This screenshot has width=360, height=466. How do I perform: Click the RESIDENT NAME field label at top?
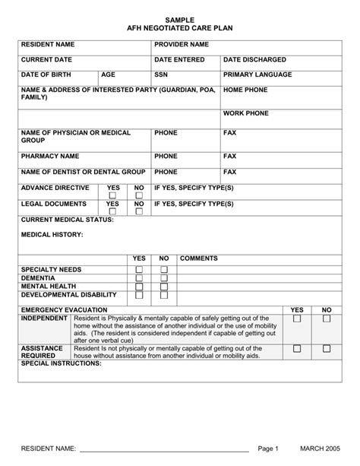pyautogui.click(x=48, y=45)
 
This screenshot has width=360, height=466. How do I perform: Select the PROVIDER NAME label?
pyautogui.click(x=182, y=45)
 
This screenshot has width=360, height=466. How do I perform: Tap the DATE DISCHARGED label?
pyautogui.click(x=254, y=59)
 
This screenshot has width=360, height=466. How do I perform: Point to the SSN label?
pyautogui.click(x=161, y=75)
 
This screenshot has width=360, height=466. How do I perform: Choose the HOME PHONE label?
pyautogui.click(x=245, y=90)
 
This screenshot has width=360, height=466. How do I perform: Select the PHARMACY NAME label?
pyautogui.click(x=50, y=157)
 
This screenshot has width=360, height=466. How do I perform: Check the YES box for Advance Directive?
pyautogui.click(x=112, y=196)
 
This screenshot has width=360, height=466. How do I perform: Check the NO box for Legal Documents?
pyautogui.click(x=139, y=213)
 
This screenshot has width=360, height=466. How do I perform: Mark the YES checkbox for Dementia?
pyautogui.click(x=139, y=278)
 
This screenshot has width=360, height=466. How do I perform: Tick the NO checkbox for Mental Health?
pyautogui.click(x=164, y=287)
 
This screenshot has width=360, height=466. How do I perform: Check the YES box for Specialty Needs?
pyautogui.click(x=139, y=270)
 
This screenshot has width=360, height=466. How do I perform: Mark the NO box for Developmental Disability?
pyautogui.click(x=164, y=296)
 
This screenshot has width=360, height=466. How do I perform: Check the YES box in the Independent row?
pyautogui.click(x=298, y=319)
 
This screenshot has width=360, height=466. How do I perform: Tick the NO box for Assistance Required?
pyautogui.click(x=327, y=347)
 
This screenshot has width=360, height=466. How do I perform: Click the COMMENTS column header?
pyautogui.click(x=199, y=258)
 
